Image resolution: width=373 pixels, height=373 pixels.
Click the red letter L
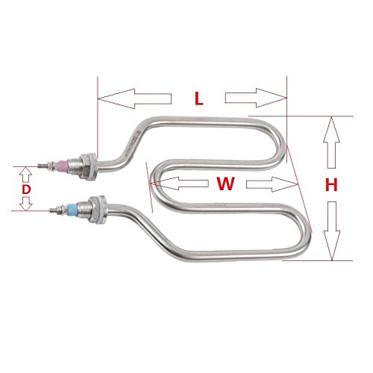click(198, 98)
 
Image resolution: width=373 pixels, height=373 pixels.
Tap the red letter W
click(225, 184)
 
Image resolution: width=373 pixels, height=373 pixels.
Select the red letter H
click(331, 185)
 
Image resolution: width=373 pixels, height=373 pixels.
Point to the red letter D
click(26, 189)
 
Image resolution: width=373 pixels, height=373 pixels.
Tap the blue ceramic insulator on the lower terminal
click(72, 210)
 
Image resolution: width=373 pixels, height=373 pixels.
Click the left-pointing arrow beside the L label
click(134, 98)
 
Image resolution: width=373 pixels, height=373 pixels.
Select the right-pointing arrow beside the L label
click(256, 98)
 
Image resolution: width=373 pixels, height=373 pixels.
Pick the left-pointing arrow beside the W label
click(179, 184)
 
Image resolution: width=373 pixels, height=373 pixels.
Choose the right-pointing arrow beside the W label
click(272, 184)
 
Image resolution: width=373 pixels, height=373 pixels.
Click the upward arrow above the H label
click(331, 142)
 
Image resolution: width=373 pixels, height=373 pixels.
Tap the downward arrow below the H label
click(332, 231)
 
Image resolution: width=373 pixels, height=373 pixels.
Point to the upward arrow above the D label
click(26, 175)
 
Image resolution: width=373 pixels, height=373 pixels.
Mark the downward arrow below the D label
click(26, 204)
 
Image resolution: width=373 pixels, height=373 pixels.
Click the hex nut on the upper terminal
click(84, 166)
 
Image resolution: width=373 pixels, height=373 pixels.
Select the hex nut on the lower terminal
click(95, 210)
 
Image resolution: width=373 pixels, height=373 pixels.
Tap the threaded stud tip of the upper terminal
click(42, 165)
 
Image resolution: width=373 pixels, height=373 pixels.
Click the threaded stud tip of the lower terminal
click(53, 210)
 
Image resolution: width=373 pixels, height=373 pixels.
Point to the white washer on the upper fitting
click(93, 167)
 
